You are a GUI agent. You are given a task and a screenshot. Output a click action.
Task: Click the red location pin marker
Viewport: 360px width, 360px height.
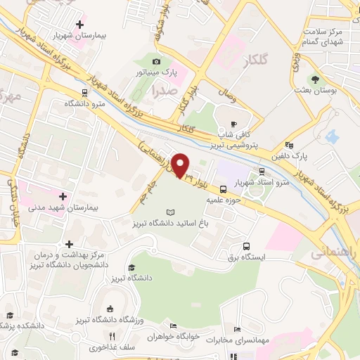181,165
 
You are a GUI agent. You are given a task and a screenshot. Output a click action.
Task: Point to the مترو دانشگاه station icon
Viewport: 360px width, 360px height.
84,91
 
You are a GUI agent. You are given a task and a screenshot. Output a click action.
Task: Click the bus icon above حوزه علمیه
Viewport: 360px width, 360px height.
224,188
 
